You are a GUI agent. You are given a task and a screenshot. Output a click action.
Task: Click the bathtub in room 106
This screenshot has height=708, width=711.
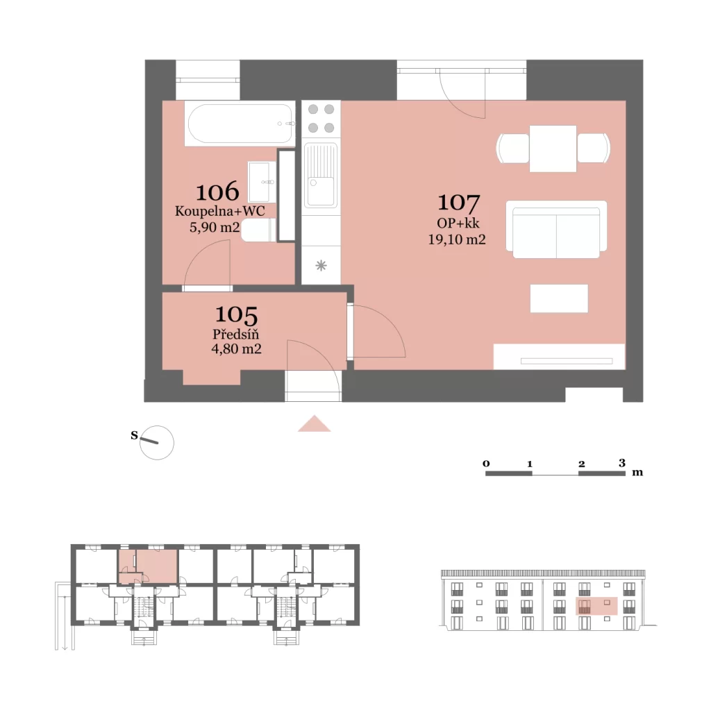coord(240,124)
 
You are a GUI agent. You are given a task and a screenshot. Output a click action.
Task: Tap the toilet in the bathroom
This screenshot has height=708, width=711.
coord(258,230)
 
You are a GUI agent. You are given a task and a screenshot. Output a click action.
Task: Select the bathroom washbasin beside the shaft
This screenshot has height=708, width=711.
coord(262,182)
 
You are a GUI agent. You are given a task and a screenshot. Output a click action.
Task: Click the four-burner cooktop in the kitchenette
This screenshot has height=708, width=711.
coord(321,118)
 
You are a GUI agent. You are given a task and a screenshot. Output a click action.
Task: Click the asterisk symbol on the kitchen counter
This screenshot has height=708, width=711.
coord(321,265)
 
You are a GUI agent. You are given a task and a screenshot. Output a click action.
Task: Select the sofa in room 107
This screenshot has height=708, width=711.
coord(556,229)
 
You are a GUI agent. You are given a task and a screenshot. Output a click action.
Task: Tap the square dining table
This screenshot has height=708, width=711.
coord(553,149)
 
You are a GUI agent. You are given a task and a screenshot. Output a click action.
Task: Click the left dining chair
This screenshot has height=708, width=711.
coord(513,149)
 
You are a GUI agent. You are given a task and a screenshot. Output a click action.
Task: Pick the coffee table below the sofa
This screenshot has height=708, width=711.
coord(559,298)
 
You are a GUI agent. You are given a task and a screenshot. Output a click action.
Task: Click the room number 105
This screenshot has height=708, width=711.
coord(236,314)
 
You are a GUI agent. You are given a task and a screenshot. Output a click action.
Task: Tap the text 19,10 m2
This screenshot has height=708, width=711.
coord(457,239)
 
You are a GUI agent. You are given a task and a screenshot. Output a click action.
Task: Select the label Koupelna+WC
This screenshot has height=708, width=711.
coord(220,211)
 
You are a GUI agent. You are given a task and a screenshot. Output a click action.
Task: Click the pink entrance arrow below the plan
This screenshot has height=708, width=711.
coord(315,423)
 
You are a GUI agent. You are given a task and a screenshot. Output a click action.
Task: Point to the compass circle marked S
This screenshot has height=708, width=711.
coord(157,443)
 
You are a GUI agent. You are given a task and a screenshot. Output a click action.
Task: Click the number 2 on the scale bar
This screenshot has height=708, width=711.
coord(582,464)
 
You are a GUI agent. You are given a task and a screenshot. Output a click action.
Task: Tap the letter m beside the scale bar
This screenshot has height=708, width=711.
coord(637,472)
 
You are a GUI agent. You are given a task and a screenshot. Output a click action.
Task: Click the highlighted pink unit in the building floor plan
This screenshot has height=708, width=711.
coord(148,566)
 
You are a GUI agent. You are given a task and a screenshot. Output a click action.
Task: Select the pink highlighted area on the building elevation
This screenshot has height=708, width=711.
coord(596,606)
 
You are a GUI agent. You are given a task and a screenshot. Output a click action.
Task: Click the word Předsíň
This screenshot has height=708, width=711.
coord(236,334)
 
